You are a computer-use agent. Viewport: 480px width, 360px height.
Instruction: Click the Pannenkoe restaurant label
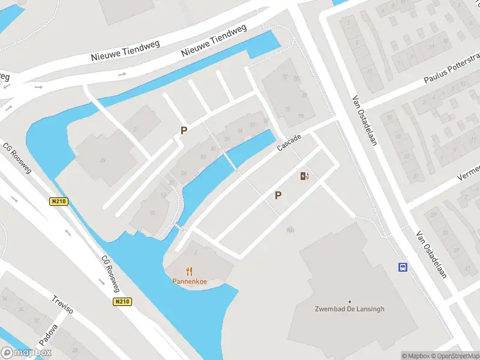190,281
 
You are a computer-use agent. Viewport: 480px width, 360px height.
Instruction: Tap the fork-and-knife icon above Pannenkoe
190,271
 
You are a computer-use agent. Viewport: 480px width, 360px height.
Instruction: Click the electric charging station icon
304,176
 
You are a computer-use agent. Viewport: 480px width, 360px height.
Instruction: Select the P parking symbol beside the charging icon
278,195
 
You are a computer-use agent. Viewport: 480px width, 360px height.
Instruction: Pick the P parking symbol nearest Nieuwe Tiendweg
184,130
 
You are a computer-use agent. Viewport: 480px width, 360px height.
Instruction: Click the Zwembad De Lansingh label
349,310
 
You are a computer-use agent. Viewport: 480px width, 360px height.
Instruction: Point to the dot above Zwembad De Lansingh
349,302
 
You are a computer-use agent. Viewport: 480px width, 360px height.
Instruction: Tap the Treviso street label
62,305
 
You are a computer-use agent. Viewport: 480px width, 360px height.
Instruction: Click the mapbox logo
26,353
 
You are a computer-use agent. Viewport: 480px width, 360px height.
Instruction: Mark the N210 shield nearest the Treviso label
122,302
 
